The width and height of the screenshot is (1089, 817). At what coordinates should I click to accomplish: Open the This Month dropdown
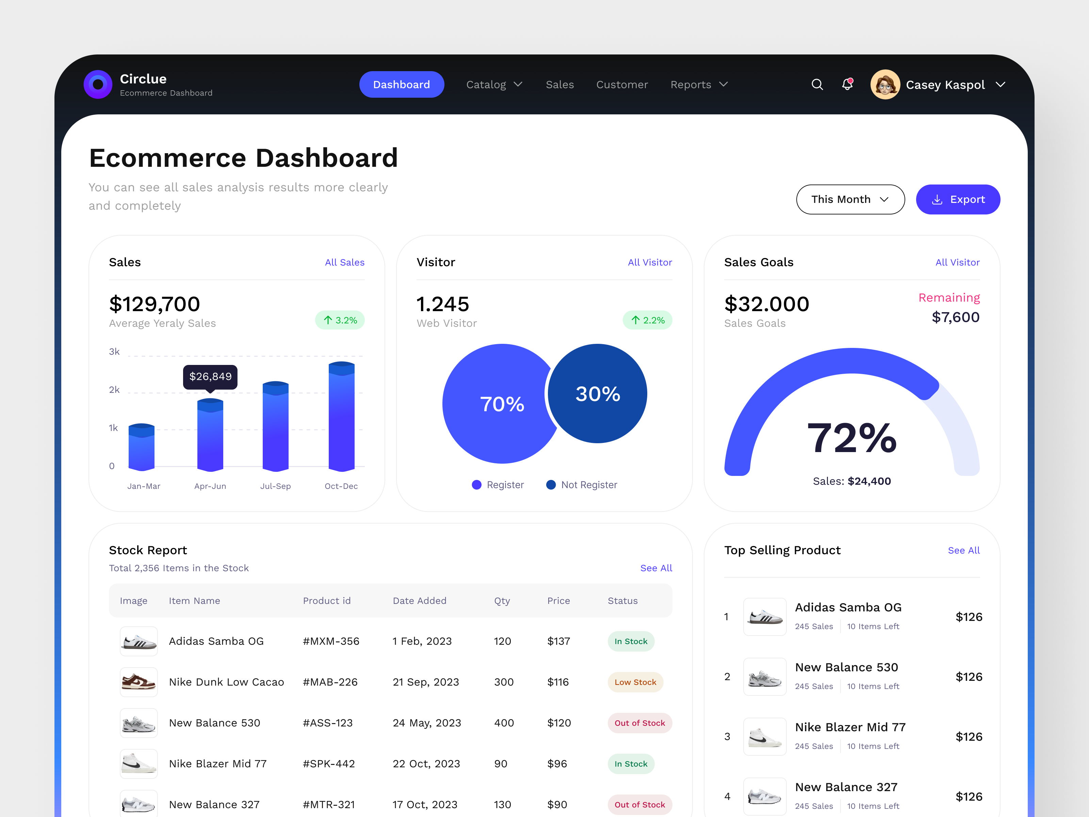coord(850,199)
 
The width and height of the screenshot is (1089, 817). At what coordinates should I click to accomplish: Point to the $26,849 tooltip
coord(210,377)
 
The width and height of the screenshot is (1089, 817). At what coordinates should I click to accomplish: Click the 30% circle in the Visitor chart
coord(597,394)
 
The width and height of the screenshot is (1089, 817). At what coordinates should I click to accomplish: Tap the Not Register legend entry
coord(582,485)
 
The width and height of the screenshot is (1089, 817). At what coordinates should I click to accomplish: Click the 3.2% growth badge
coord(340,320)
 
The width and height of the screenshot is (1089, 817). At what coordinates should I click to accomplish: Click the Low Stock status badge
coord(635,682)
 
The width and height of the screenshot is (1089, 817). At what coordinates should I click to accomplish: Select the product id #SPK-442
coord(328,764)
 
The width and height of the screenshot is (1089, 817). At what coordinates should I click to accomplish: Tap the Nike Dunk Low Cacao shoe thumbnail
coord(139,682)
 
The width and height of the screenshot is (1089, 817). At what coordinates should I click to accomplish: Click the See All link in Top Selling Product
coord(963,550)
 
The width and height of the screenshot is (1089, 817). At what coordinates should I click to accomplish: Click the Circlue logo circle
coord(98,84)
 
